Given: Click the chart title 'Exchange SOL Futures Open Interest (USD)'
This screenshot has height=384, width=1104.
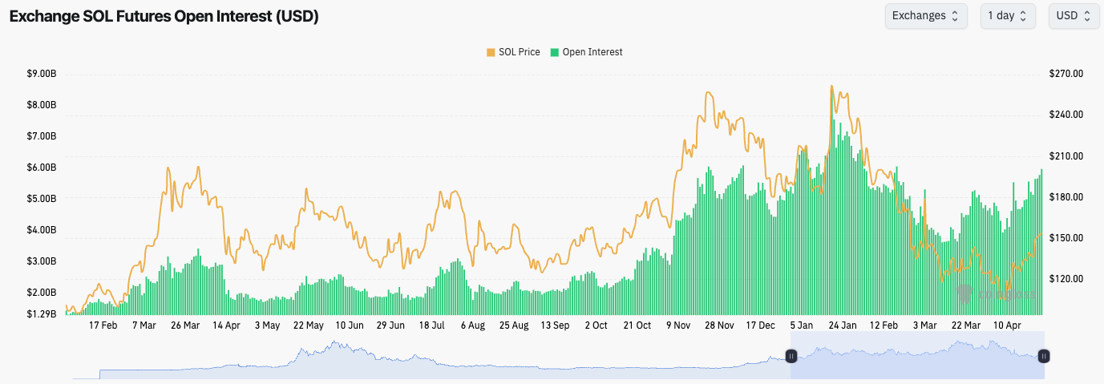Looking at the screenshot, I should click(164, 17).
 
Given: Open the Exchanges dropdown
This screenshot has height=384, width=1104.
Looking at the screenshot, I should click(925, 16).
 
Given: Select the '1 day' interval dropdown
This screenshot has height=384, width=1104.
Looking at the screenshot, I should click(1007, 16).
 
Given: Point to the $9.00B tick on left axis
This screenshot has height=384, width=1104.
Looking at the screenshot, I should click(41, 74).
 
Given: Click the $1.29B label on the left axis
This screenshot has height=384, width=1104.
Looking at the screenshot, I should click(41, 313).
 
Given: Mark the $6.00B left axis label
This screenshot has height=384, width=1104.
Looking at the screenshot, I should click(41, 168).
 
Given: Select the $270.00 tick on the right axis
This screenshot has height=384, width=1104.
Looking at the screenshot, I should click(1066, 74).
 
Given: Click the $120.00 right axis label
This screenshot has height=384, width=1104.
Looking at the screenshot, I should click(1066, 279).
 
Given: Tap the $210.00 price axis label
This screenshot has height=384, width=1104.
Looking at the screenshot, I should click(1066, 156).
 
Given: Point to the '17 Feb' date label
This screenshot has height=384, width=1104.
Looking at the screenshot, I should click(103, 325).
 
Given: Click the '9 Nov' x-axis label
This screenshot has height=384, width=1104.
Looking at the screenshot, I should click(678, 325).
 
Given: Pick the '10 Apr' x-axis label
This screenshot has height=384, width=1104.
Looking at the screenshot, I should click(1008, 325).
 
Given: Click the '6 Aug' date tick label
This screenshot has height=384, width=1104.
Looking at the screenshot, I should click(473, 325).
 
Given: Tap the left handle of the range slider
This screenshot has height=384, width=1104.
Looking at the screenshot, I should click(791, 356).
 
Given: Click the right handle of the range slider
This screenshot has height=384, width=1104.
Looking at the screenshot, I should click(1044, 356).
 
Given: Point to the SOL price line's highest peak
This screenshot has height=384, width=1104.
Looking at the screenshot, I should click(832, 87).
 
